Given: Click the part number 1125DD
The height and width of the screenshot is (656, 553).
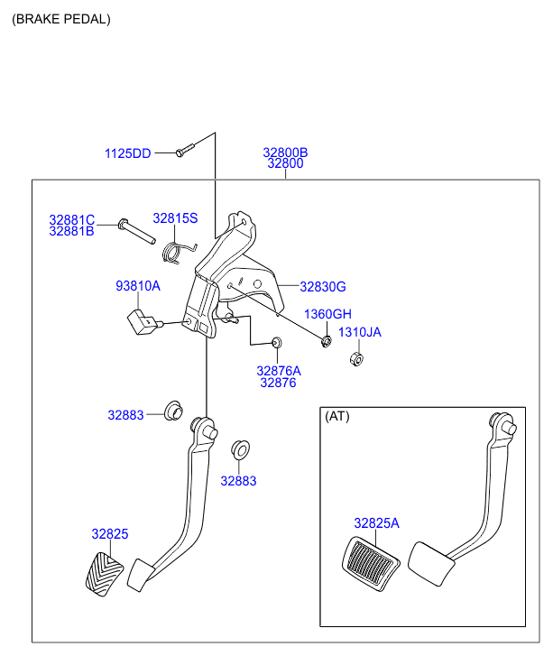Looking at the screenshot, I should pos(127,153).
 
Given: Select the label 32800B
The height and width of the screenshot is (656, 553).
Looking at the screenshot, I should pos(285,152).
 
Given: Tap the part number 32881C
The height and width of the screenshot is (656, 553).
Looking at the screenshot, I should pos(71,219).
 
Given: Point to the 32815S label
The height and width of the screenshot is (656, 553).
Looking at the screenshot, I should pos(174,218).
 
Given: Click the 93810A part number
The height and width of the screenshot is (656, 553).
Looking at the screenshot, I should pos(137,286).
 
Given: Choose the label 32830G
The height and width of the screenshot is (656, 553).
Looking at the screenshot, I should pos(323,287).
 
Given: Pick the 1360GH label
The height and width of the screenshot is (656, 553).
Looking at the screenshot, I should pos(327,314).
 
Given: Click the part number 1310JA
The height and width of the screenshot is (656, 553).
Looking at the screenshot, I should pos(359,332).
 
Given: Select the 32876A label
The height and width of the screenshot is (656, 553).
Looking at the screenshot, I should pos(278,370).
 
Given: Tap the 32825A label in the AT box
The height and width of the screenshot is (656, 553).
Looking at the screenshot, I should pos(376,523).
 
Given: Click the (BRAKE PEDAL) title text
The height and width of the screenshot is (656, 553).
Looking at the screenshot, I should pos(60,19).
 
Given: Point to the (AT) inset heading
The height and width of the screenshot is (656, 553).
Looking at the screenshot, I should pos(336,416).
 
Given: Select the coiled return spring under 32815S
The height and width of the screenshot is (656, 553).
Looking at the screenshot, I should pos(180,249).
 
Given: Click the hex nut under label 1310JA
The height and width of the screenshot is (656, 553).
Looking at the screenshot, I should pos(355,359).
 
